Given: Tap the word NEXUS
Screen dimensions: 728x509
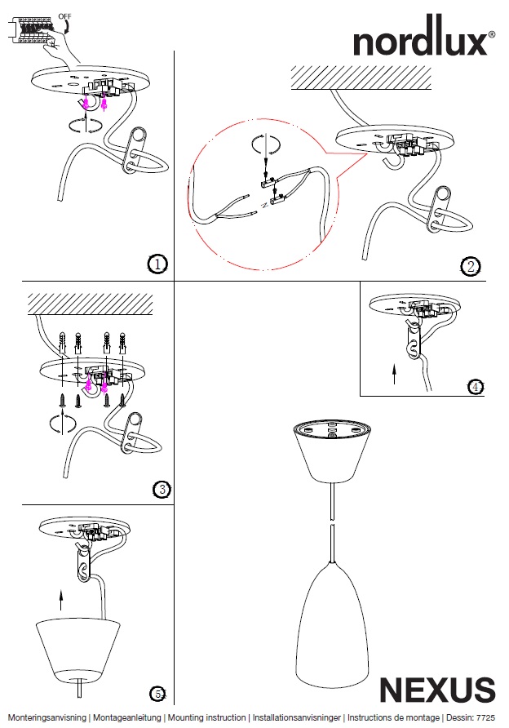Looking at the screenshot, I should [437, 690].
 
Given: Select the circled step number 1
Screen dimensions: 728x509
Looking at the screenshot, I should [158, 264].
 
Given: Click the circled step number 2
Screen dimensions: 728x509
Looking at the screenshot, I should [470, 266].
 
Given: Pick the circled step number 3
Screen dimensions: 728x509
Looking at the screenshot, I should [162, 489].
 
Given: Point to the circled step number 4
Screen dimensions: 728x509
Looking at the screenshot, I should [476, 387].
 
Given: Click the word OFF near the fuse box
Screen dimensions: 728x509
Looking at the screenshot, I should [65, 16].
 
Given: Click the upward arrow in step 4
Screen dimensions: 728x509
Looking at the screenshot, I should [395, 375].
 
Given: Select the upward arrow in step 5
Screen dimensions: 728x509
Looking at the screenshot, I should [61, 602].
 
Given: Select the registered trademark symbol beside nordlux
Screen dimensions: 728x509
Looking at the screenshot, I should [491, 35].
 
